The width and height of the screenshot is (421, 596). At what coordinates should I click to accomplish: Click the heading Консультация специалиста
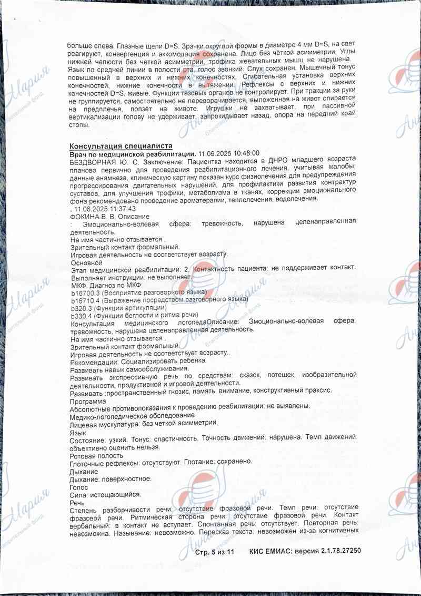click(121, 145)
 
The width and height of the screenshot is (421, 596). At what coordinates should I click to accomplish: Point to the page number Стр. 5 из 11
click(214, 552)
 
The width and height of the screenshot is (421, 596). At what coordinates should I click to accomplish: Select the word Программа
click(87, 402)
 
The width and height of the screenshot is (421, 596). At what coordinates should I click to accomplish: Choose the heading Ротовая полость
click(96, 455)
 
